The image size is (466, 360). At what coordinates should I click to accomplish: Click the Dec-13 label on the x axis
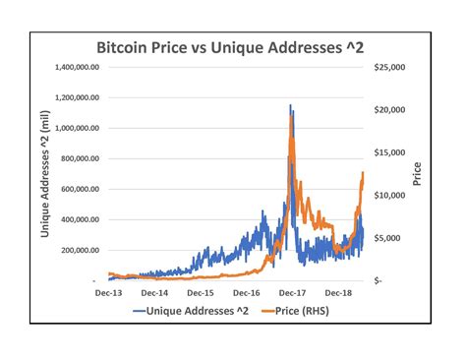pyautogui.click(x=110, y=293)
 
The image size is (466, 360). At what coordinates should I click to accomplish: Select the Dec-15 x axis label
pyautogui.click(x=201, y=293)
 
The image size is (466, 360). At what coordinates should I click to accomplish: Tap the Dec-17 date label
pyautogui.click(x=292, y=293)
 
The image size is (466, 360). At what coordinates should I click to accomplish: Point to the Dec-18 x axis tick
pyautogui.click(x=337, y=293)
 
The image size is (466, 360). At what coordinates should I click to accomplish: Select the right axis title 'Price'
pyautogui.click(x=418, y=174)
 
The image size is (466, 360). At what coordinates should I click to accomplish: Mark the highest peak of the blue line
pyautogui.click(x=290, y=105)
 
